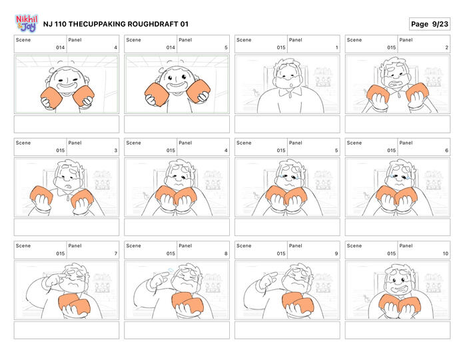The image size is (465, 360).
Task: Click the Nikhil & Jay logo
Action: [27, 23]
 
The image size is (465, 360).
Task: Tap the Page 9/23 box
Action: [430, 24]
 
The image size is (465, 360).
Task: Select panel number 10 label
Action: [446, 253]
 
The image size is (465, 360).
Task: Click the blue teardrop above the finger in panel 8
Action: [171, 270]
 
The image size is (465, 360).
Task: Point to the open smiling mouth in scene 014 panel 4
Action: [67, 87]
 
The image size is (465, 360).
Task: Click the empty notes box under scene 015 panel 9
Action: [287, 330]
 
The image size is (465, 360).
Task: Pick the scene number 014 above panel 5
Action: [171, 47]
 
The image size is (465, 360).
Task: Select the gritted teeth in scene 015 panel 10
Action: [397, 289]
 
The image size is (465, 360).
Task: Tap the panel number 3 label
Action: [116, 151]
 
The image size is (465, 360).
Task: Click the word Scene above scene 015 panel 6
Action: [354, 143]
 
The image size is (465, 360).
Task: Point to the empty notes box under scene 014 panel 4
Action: [67, 124]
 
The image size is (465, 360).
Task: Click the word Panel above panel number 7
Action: [75, 246]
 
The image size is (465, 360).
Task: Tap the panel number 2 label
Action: [446, 47]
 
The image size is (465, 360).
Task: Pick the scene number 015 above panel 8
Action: [171, 253]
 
